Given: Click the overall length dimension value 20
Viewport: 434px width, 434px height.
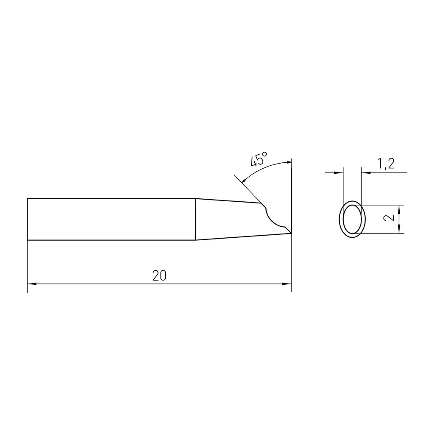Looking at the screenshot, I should pyautogui.click(x=159, y=276).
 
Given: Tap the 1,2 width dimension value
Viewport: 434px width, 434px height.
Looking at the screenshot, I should pyautogui.click(x=385, y=163).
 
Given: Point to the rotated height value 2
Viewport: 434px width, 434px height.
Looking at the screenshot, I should pyautogui.click(x=391, y=218).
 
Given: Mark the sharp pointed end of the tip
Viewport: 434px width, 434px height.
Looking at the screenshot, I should pyautogui.click(x=291, y=232).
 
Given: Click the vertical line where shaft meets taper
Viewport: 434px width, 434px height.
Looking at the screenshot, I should pyautogui.click(x=195, y=219).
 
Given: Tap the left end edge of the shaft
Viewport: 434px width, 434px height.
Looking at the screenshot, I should pyautogui.click(x=28, y=219).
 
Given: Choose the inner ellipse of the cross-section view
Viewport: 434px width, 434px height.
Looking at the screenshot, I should pyautogui.click(x=352, y=219).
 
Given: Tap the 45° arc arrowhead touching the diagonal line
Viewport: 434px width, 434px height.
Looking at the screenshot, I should pyautogui.click(x=243, y=181).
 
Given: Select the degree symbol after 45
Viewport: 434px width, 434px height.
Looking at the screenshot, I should pyautogui.click(x=264, y=153).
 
